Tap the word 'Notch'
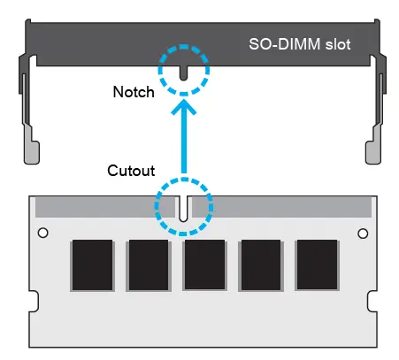(134, 91)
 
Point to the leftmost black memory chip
(91, 264)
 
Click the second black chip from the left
(148, 264)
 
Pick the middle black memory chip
(204, 264)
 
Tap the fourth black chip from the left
(261, 264)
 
